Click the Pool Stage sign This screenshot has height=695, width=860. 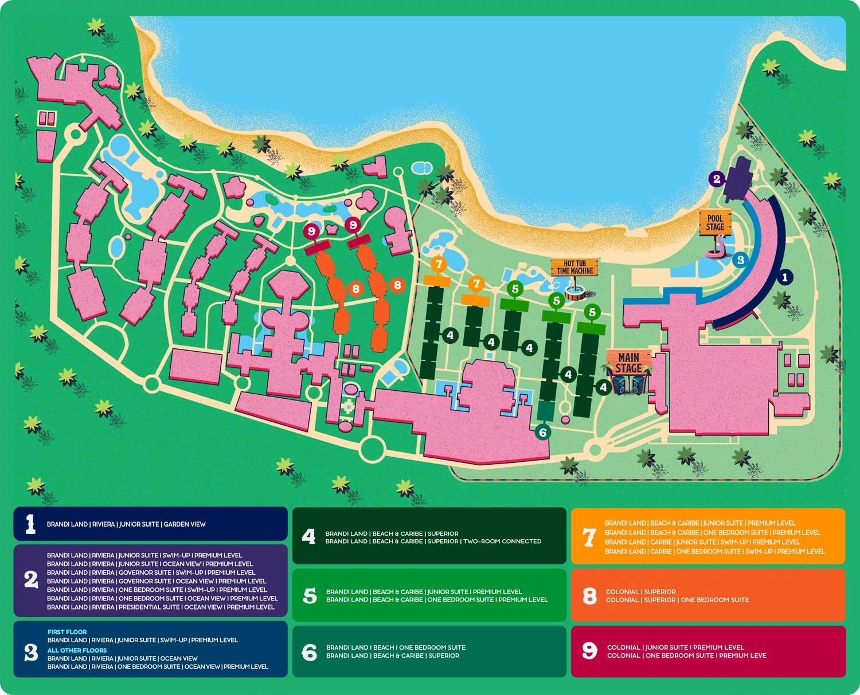(715, 222)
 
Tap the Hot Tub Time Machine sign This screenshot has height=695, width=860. (574, 267)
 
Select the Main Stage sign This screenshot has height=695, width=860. (629, 363)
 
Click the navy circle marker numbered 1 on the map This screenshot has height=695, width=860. (785, 277)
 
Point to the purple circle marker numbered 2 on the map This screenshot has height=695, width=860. (716, 179)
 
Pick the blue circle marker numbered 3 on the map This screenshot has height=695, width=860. (740, 260)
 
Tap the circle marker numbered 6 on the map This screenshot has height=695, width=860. (543, 432)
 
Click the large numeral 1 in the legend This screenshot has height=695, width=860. (30, 524)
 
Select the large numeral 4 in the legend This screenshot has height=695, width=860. (309, 536)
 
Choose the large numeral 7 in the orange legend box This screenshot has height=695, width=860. (589, 537)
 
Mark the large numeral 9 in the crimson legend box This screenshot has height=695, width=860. (589, 651)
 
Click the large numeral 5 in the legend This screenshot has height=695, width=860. (310, 595)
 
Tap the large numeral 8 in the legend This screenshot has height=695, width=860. (589, 596)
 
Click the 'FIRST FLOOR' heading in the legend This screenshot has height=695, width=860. (67, 632)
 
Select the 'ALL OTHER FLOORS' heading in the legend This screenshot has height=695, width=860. (77, 650)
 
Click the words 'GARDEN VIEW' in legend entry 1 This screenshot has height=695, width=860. (185, 524)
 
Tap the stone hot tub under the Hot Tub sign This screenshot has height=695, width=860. (575, 293)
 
